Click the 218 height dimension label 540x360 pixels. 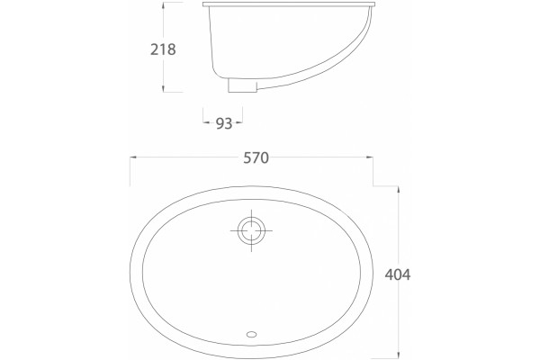(163, 49)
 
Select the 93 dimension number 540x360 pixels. (224, 123)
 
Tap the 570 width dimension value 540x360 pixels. (256, 157)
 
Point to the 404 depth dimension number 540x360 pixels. (398, 274)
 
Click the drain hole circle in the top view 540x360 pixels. (251, 230)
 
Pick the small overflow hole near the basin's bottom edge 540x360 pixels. (252, 334)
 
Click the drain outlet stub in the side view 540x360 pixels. (242, 85)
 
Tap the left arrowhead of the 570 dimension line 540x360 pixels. (133, 157)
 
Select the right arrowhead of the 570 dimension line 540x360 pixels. (369, 157)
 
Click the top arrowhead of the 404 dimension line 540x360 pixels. (399, 190)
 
